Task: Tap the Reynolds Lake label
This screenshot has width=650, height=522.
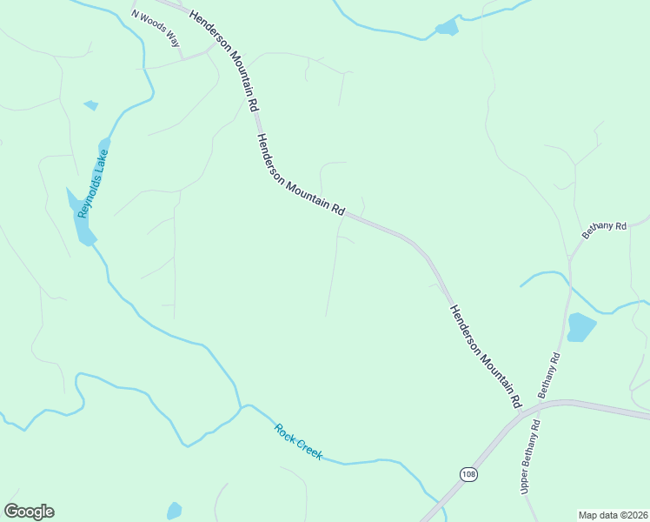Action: [x=93, y=184]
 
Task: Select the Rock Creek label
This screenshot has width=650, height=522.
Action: [x=298, y=441]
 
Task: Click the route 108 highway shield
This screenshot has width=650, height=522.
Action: [x=468, y=473]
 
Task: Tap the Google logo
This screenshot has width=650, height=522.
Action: [x=29, y=512]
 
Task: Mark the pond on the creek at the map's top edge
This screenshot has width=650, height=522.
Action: [x=447, y=28]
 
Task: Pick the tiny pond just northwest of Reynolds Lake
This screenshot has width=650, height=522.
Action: [x=90, y=105]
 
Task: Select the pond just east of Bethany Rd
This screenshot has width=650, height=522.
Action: [x=580, y=327]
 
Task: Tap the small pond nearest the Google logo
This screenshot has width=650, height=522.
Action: [x=174, y=511]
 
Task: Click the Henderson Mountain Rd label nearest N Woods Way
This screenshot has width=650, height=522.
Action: [x=224, y=58]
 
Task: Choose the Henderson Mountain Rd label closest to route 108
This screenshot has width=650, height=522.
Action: [x=483, y=357]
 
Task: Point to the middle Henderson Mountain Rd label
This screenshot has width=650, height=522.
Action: [x=300, y=176]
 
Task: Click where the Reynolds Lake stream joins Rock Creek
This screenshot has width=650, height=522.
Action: [x=241, y=406]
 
